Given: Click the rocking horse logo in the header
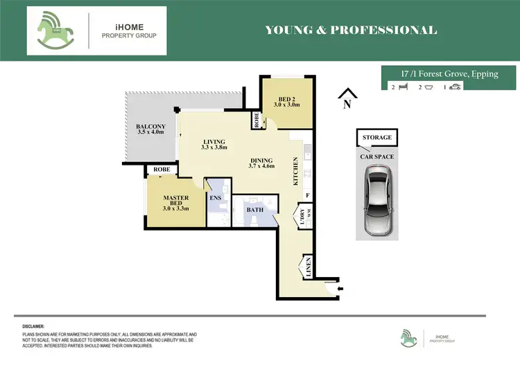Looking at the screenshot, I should (x=58, y=30).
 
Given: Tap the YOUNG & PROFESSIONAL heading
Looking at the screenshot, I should (x=351, y=30).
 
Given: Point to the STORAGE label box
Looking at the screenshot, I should (x=376, y=138).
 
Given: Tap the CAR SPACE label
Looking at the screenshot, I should (x=377, y=156).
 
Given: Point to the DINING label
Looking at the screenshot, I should (x=262, y=162).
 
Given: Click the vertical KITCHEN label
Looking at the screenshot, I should (x=296, y=170).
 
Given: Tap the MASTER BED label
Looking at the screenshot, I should (x=175, y=201).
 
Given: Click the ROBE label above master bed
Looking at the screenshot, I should (x=162, y=170).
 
